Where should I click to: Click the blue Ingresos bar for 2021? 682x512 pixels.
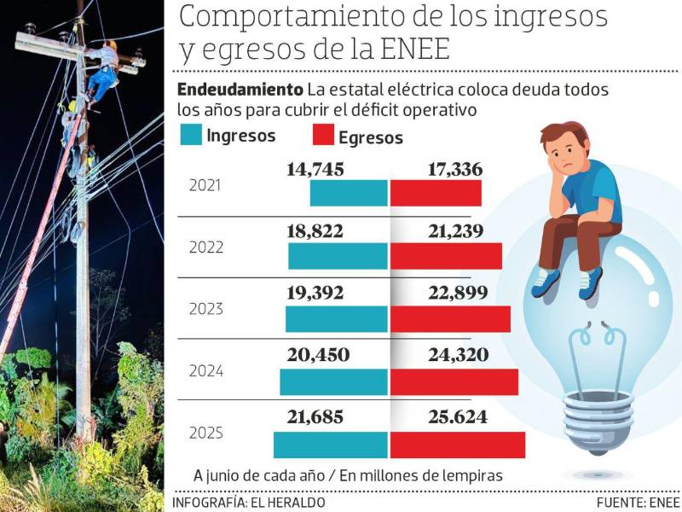pos(348,193)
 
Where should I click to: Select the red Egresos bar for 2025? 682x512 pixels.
pos(457,445)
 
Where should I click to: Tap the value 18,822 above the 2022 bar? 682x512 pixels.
pos(316,230)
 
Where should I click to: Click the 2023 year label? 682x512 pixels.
pos(205,309)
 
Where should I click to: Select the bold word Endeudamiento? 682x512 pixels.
pos(239,90)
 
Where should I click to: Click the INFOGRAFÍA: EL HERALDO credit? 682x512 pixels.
pos(249,503)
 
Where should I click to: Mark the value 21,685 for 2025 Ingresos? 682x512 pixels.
pos(316,418)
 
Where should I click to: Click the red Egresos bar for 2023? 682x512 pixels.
pos(450,318)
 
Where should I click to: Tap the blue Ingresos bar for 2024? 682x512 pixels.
pos(333,381)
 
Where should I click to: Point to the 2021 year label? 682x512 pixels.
pos(205,184)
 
